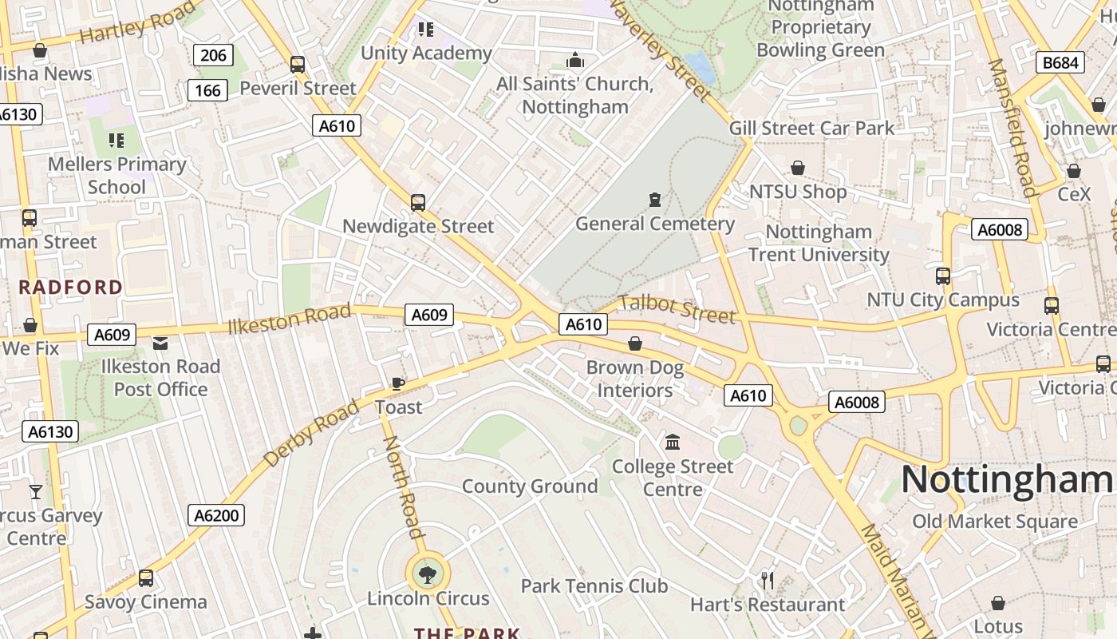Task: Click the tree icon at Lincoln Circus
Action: coord(428,573)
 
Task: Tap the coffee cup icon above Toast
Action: coord(398,384)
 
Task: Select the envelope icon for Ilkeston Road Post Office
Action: coord(160,343)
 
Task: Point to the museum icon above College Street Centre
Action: coord(673,442)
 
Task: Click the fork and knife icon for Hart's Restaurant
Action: coord(768,581)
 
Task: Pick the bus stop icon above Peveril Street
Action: coord(298,65)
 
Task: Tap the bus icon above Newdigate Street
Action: coord(418,203)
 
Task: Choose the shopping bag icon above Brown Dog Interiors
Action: coord(635,343)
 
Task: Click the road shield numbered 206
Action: coord(213,55)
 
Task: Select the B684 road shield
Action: coord(1060,62)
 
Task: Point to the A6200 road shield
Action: coord(217,515)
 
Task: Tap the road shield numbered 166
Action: coord(207,90)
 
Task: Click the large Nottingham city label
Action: coord(1007,480)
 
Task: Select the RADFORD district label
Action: coord(71,288)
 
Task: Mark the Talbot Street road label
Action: coord(677,309)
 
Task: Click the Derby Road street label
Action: coord(311,434)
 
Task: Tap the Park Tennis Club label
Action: coord(594,586)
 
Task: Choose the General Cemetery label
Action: coord(655,224)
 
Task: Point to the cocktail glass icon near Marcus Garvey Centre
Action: coord(36,491)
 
